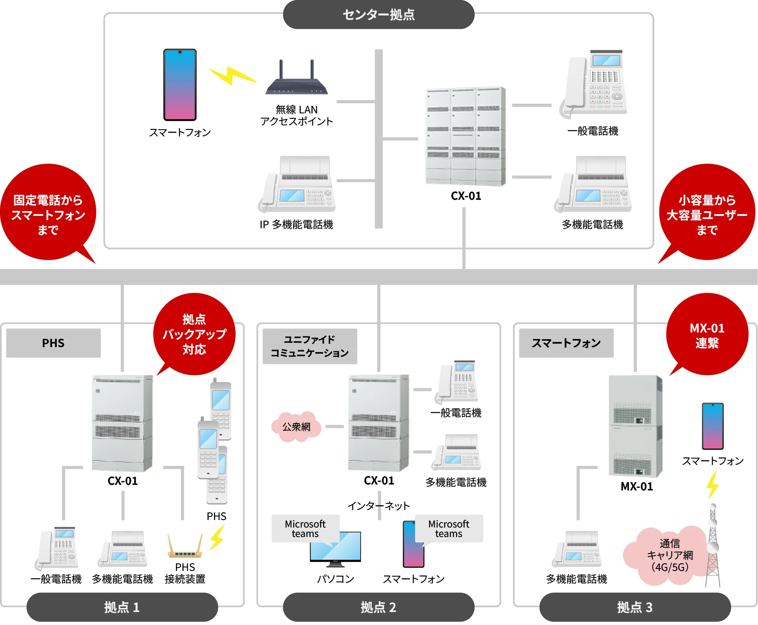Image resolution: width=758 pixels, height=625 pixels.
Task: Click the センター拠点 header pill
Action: click(378, 15)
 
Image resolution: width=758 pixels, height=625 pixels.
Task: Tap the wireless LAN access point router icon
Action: click(296, 79)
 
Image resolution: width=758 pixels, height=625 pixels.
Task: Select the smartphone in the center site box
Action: click(180, 84)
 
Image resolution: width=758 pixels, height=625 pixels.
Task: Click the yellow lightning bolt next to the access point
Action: click(232, 75)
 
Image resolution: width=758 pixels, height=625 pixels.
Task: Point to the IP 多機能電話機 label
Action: click(296, 225)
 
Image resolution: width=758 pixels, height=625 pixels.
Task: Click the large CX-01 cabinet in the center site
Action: click(466, 136)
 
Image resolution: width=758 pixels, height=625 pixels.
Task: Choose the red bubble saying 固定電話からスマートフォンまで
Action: click(48, 213)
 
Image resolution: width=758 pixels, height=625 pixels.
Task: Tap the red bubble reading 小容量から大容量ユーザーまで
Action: click(707, 213)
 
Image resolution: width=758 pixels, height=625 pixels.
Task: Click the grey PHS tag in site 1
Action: click(53, 343)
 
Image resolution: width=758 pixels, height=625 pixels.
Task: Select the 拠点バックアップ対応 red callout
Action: click(194, 334)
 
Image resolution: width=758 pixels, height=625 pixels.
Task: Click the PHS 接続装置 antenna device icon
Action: click(185, 547)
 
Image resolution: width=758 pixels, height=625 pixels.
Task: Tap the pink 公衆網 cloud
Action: click(296, 426)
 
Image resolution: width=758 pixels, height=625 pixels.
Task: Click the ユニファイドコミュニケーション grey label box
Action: click(310, 346)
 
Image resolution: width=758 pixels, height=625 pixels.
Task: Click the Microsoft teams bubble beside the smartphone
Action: click(449, 528)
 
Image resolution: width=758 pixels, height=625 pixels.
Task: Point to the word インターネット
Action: click(378, 506)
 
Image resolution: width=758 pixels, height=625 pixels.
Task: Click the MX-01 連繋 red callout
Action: click(707, 335)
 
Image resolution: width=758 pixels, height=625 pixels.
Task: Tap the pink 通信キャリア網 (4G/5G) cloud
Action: click(670, 555)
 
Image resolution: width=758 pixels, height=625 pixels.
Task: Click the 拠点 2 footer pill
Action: click(378, 607)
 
